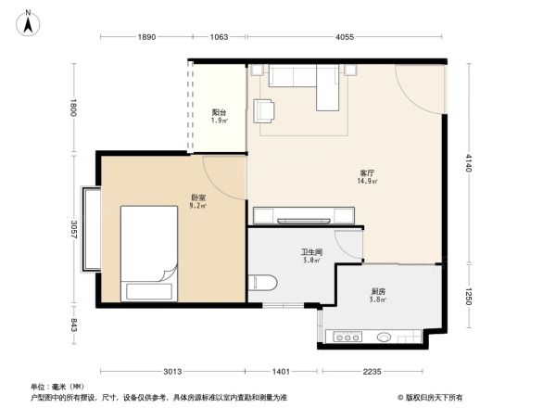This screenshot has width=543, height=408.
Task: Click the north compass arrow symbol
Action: (29, 21)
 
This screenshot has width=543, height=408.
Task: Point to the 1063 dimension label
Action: (219, 37)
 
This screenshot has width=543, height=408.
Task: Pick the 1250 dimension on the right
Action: (469, 298)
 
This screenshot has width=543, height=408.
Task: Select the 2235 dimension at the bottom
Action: (372, 372)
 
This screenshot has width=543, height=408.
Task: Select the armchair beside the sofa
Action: (265, 109)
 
